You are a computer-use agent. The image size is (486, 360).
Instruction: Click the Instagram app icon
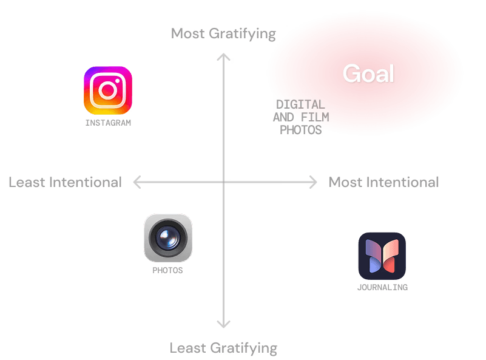(108, 90)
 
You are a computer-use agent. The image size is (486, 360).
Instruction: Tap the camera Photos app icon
(168, 237)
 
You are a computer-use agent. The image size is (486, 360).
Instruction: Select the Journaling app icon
(382, 256)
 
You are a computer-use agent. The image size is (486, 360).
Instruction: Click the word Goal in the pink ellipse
(368, 74)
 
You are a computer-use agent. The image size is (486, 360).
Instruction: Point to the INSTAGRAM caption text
(108, 123)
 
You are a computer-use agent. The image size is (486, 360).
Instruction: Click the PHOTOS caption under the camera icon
(167, 271)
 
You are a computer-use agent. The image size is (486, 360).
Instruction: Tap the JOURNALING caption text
(382, 287)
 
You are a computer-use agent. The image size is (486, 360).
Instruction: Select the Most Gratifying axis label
(223, 33)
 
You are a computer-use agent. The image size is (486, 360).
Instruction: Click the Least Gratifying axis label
(223, 348)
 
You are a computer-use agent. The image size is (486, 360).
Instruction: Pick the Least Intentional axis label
(65, 182)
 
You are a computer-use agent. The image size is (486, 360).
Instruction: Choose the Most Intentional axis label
(383, 182)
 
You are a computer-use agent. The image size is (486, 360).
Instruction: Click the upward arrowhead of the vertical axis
(224, 57)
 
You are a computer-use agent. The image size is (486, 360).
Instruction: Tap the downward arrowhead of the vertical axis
(224, 325)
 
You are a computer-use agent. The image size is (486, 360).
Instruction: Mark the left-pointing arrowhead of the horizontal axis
(136, 182)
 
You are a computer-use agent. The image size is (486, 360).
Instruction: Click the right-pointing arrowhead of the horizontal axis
(313, 182)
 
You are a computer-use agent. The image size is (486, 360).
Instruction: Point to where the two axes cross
(224, 182)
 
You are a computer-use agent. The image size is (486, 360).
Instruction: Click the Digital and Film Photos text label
(301, 117)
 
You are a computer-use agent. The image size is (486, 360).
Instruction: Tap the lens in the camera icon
(168, 237)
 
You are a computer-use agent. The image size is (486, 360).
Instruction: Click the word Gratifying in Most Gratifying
(242, 33)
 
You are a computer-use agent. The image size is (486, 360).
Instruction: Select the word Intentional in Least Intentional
(85, 182)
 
